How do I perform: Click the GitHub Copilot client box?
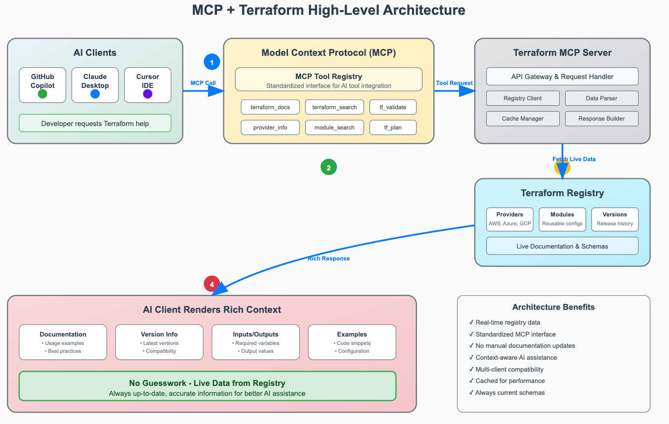[x=42, y=85]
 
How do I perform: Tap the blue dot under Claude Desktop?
[x=95, y=94]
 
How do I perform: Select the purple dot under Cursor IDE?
[x=148, y=94]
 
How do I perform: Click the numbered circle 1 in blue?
[x=212, y=62]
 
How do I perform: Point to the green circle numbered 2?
[x=329, y=167]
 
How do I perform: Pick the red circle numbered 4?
[x=212, y=284]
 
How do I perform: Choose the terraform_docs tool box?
[x=270, y=107]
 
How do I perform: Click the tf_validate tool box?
[x=393, y=107]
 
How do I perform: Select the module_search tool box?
[x=334, y=127]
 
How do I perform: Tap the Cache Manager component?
[x=523, y=119]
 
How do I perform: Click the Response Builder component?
[x=601, y=119]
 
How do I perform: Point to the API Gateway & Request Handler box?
[x=562, y=77]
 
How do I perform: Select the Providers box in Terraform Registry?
[x=509, y=219]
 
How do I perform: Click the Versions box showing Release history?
[x=615, y=219]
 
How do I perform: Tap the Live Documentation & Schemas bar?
[x=562, y=246]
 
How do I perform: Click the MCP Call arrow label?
[x=203, y=83]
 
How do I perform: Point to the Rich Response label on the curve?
[x=329, y=258]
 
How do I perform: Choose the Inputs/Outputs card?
[x=255, y=342]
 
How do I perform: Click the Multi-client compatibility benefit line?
[x=506, y=369]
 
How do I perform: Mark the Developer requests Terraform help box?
[x=95, y=123]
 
